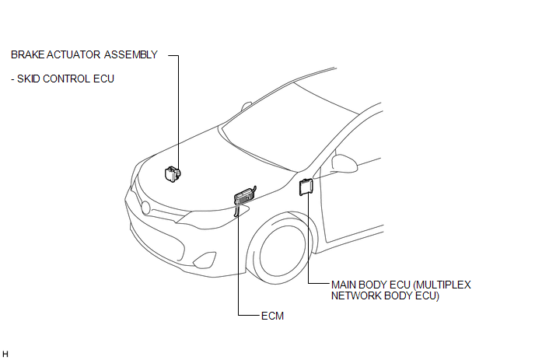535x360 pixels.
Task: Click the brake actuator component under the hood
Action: pyautogui.click(x=173, y=174)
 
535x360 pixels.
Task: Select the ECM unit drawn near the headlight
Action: pyautogui.click(x=245, y=197)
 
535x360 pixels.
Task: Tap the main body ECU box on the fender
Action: pyautogui.click(x=306, y=187)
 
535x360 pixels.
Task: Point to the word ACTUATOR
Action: pyautogui.click(x=73, y=54)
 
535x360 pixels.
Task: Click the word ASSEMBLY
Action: pyautogui.click(x=131, y=54)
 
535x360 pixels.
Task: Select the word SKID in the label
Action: pyautogui.click(x=29, y=79)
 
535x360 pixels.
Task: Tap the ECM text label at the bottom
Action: pyautogui.click(x=272, y=316)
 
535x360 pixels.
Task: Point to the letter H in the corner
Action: pyautogui.click(x=5, y=355)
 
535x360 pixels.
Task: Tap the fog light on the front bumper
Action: pyautogui.click(x=205, y=260)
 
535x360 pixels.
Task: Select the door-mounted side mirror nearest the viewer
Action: pyautogui.click(x=344, y=163)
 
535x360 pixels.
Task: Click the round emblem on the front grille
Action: pyautogui.click(x=145, y=208)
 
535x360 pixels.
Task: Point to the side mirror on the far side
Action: pyautogui.click(x=247, y=106)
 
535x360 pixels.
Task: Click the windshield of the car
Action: pyautogui.click(x=289, y=127)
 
